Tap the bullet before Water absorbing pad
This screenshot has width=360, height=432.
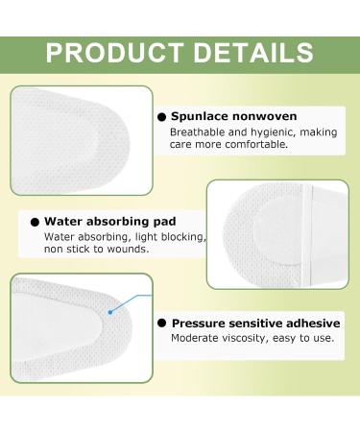pyautogui.click(x=35, y=219)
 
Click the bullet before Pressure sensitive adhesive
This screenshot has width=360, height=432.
pyautogui.click(x=161, y=323)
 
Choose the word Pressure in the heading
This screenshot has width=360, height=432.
pyautogui.click(x=198, y=323)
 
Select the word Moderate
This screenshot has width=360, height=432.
pyautogui.click(x=195, y=338)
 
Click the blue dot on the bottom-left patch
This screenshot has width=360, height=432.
pyautogui.click(x=111, y=311)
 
